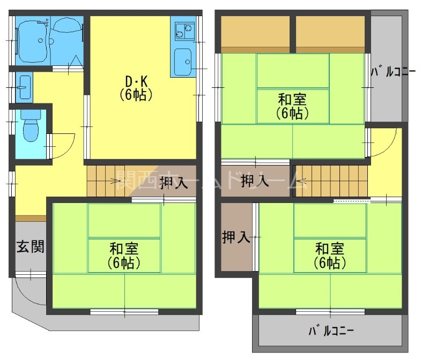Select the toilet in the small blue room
coord(31,127)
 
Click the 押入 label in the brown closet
coord(236,237)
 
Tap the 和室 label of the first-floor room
coord(124,256)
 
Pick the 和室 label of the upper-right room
coord(292,106)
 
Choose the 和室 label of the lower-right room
coord(330,256)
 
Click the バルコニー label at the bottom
coord(331,331)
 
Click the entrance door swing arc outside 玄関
coord(29,292)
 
